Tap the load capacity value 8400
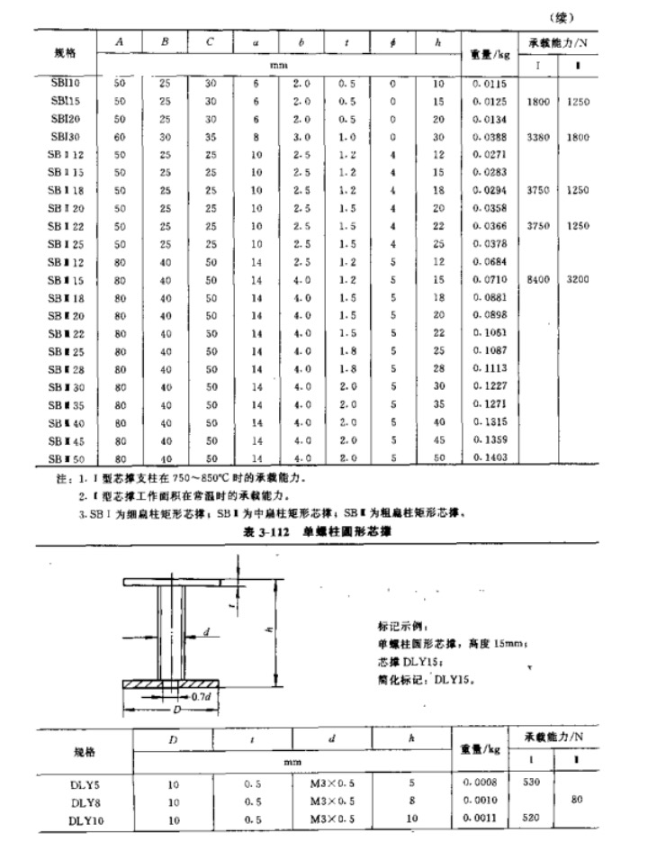point(541,280)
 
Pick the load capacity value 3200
point(578,280)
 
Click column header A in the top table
point(120,42)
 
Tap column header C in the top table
point(210,42)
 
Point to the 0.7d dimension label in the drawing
point(201,696)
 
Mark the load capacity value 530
point(533,783)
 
